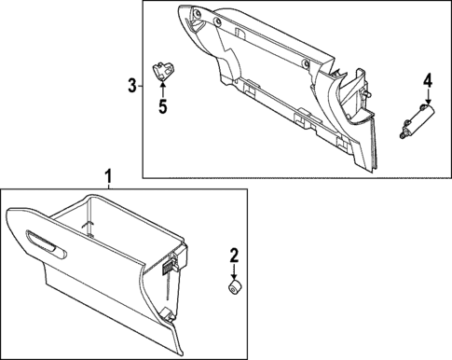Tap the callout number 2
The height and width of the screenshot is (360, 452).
coord(235,254)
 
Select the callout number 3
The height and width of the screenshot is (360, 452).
coord(131,87)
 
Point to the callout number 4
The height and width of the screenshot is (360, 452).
coord(428,82)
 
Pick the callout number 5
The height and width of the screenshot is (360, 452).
coord(162,106)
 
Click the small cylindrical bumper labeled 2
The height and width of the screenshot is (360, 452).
coord(235,285)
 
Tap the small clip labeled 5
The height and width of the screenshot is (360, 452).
coord(164,69)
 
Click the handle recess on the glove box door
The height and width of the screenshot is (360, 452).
coord(47,244)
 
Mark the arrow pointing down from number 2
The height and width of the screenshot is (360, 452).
coord(235,270)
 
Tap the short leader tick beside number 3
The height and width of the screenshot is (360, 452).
coord(140,87)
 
